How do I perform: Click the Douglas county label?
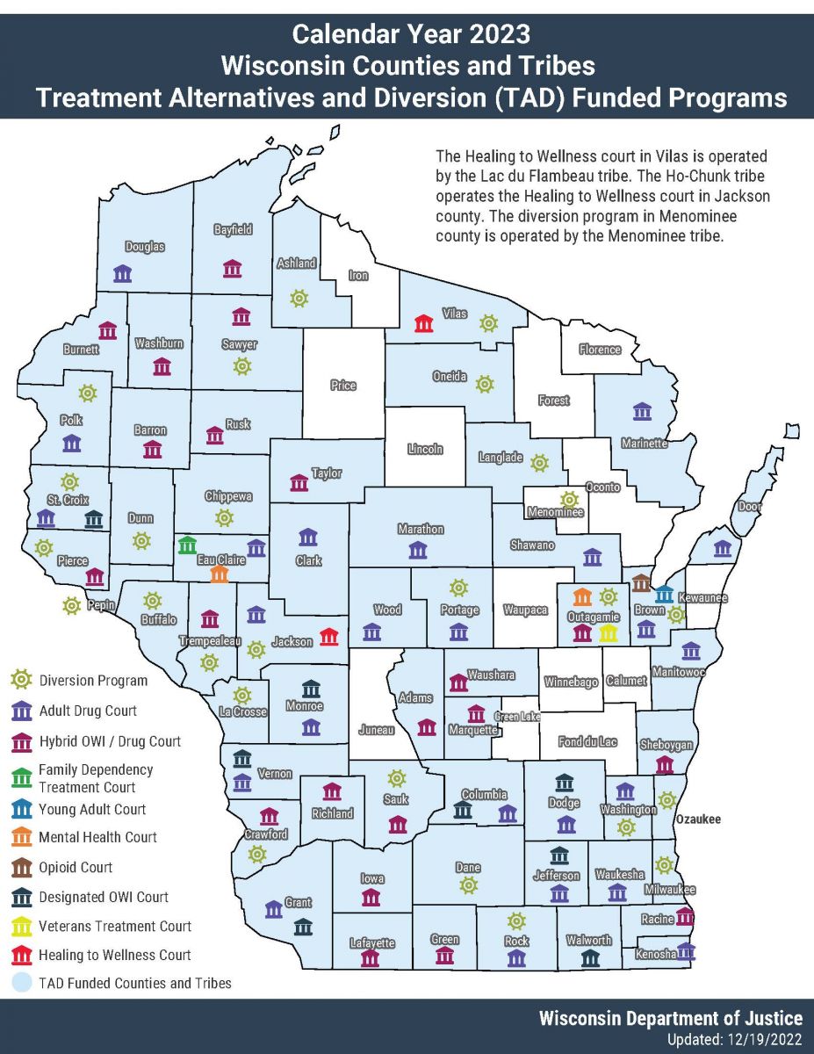point(145,247)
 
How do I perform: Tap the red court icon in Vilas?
point(424,323)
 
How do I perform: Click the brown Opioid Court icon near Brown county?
point(641,583)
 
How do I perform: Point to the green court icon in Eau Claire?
point(187,545)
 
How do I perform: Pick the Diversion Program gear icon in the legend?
point(21,680)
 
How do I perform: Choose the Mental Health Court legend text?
point(97,837)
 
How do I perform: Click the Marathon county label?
point(421,530)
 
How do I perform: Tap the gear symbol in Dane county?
point(469,884)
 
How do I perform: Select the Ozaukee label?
point(697,819)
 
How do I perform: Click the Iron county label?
point(358,275)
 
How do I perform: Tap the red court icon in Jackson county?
point(329,637)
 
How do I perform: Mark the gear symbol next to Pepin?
point(71,605)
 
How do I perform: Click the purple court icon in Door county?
point(723,549)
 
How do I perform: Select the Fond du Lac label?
point(587,742)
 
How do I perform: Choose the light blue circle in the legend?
point(21,983)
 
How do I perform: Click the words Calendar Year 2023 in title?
point(411,34)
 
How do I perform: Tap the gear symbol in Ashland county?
point(299,299)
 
